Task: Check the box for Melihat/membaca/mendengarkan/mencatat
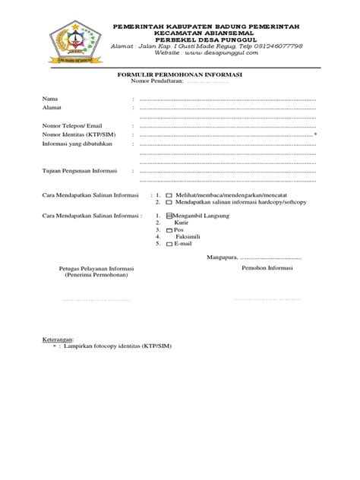pos(169,195)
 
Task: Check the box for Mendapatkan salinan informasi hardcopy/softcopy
pos(169,203)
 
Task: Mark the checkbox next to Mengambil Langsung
pos(170,215)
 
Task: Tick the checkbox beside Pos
pos(170,229)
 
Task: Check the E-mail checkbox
pos(170,245)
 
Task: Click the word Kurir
pos(182,223)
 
